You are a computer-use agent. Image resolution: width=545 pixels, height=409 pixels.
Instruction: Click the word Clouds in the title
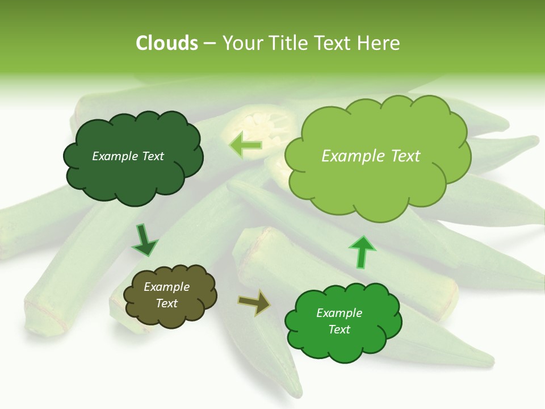167,43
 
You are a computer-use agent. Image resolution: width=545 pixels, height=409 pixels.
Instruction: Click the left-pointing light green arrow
246,145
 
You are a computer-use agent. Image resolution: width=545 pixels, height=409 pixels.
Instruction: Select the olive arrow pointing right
254,302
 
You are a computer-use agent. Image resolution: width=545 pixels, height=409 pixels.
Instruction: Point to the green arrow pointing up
362,252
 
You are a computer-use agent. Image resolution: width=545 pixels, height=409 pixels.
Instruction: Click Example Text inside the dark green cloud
128,156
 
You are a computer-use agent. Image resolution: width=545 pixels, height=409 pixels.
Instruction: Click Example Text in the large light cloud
371,156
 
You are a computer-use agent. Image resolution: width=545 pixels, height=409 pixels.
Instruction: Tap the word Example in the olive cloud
166,287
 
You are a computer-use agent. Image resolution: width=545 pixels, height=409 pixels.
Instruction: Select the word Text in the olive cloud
166,303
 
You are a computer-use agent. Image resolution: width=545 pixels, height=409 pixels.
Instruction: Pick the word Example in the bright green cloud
339,313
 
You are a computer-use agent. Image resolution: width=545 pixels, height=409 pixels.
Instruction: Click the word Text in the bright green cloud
339,329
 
